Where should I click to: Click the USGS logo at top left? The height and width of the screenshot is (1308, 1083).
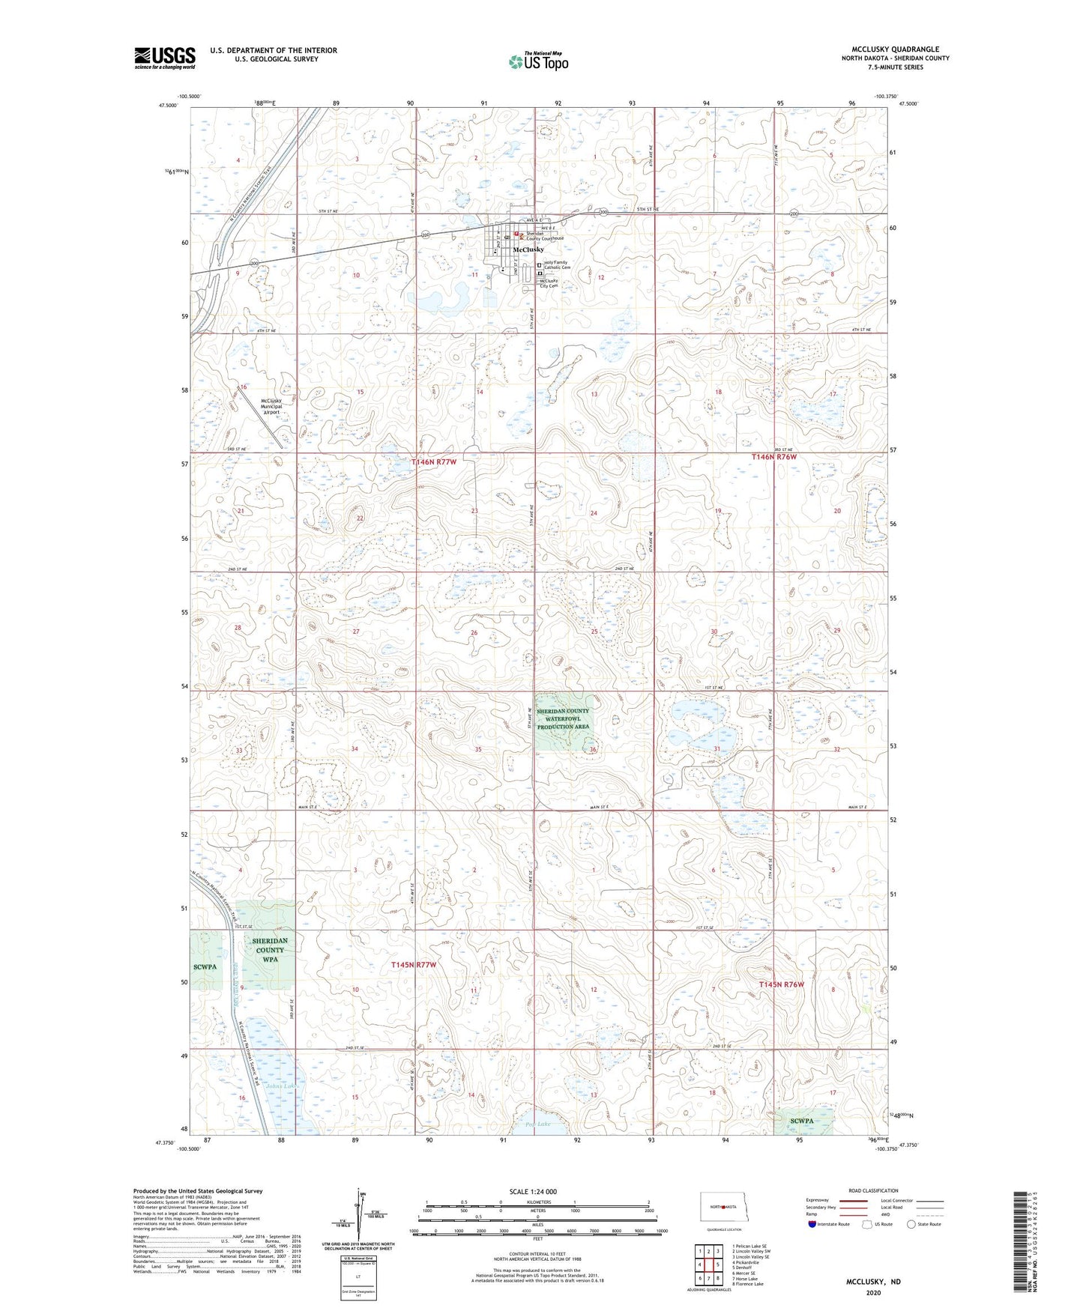point(164,58)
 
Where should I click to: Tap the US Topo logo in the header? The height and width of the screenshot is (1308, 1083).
point(537,61)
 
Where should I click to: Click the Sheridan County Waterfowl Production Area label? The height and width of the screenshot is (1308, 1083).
point(563,718)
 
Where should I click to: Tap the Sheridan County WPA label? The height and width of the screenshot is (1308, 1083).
point(269,950)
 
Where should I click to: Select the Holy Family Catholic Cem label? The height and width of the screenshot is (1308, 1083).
point(557,265)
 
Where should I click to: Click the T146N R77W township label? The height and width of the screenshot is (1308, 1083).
point(433,462)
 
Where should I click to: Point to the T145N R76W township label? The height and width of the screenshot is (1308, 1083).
point(781,984)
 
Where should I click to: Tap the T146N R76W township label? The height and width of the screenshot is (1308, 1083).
point(774,456)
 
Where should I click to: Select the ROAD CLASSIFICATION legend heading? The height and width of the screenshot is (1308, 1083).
point(873,1190)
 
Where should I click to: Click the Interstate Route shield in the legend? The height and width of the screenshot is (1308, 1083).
point(813,1224)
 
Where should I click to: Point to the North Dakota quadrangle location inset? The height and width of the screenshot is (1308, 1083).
point(725,1207)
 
